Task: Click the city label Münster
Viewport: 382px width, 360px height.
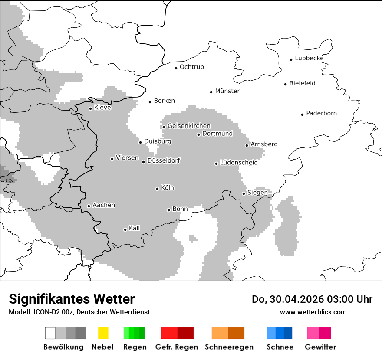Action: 227,91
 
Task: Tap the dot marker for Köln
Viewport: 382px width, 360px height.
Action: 157,189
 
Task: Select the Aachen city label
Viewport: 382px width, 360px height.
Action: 104,205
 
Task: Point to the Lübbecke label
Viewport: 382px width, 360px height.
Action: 309,58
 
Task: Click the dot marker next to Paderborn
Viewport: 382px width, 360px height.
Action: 302,115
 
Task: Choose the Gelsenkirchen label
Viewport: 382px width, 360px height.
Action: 189,126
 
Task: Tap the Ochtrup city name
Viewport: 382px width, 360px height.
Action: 191,67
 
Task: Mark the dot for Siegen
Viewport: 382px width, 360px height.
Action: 244,193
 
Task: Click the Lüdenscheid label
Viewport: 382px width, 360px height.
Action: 239,163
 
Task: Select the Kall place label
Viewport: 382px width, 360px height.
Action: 134,228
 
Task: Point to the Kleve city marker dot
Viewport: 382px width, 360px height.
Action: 90,108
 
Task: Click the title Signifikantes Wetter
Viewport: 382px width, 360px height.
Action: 72,299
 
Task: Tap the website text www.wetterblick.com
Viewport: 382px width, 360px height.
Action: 313,312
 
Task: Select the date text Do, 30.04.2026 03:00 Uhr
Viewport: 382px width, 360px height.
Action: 312,299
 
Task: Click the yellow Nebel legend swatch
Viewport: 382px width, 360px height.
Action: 103,333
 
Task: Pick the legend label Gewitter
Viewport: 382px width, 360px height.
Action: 320,347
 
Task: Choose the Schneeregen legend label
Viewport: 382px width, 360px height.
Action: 229,347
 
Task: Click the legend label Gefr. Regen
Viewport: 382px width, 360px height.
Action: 176,347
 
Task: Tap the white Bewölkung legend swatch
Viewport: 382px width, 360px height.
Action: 50,333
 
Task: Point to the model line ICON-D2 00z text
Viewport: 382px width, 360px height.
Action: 79,312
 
